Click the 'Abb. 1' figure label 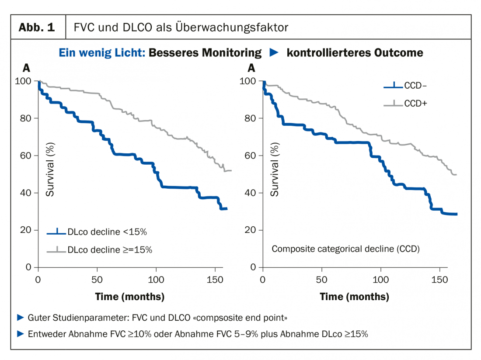[37, 28]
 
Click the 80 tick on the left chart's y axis [26, 118]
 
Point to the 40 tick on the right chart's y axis [250, 193]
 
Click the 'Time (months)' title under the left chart [130, 297]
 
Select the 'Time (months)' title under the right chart [354, 297]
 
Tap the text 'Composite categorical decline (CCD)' [345, 249]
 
